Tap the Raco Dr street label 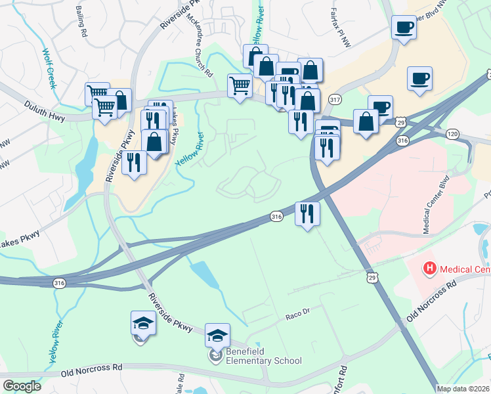pos(297,316)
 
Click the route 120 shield pos(470,133)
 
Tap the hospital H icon pos(429,268)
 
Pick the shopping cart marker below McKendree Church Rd pos(240,85)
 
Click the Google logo pos(22,386)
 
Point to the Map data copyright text pos(463,389)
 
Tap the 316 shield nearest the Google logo pos(60,283)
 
